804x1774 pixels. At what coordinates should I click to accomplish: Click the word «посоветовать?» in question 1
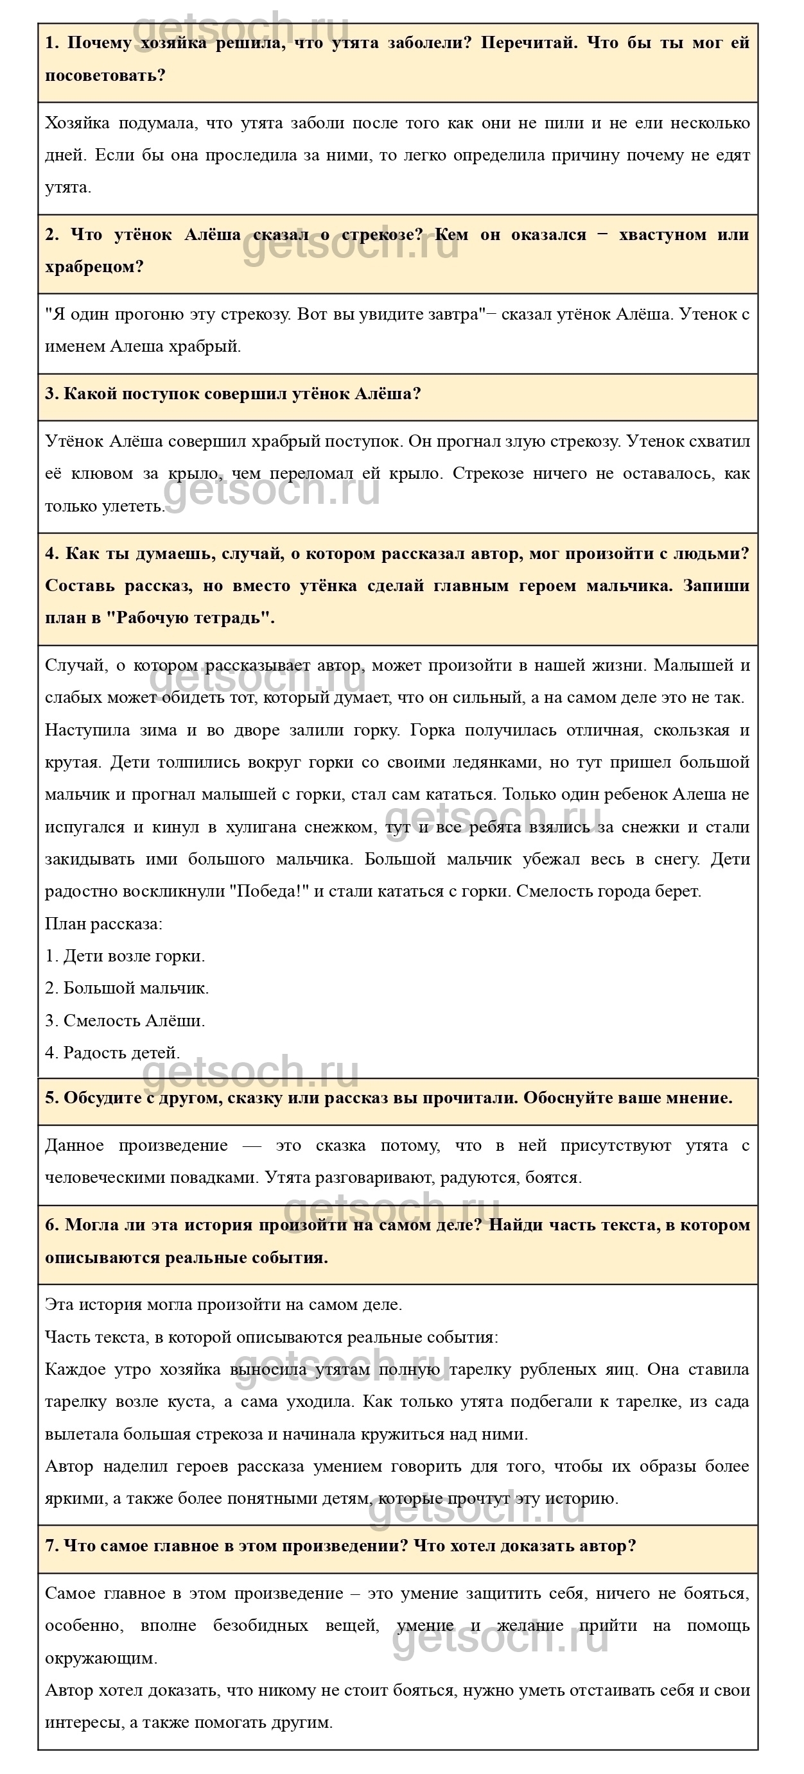click(105, 75)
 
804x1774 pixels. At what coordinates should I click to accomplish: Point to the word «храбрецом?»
click(94, 266)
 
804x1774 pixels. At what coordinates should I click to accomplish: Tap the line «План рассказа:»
click(103, 924)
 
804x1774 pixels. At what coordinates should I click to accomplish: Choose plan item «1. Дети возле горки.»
click(125, 956)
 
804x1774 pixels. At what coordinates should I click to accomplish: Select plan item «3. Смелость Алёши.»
click(125, 1020)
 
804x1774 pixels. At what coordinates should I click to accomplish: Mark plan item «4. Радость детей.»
click(112, 1053)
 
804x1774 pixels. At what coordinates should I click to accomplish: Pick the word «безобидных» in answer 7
click(261, 1625)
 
